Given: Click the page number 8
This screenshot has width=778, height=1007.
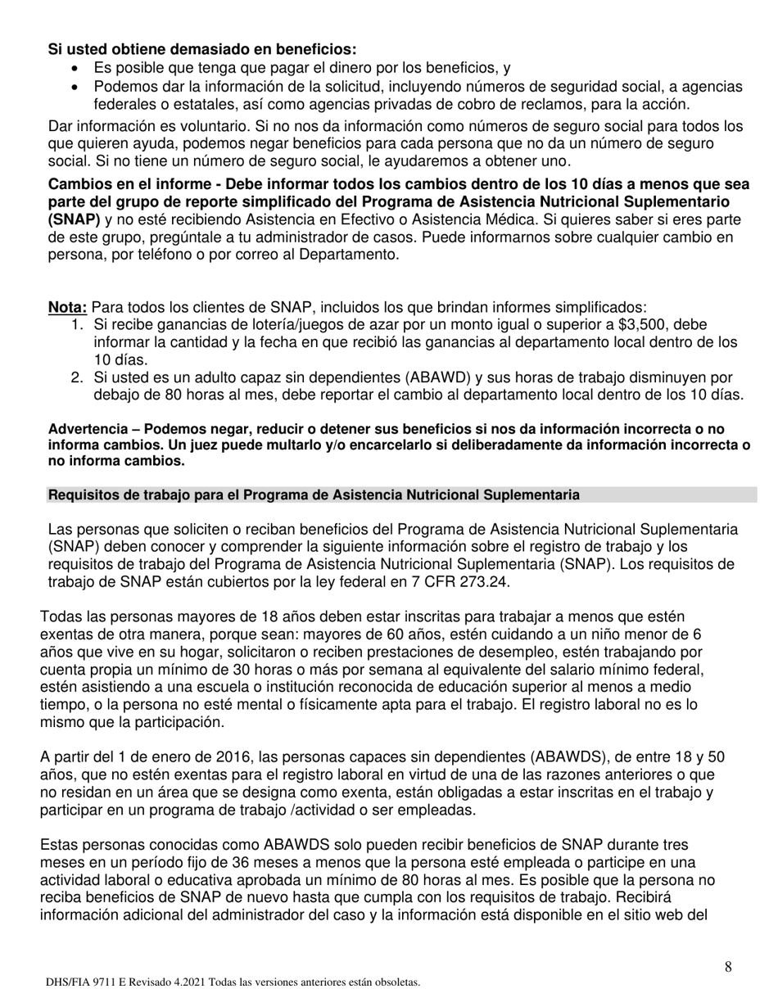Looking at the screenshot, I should pos(728,967).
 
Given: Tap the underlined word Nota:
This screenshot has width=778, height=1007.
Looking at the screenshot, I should pos(68,308).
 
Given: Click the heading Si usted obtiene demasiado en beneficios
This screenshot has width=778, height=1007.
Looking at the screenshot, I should pos(202,49).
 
